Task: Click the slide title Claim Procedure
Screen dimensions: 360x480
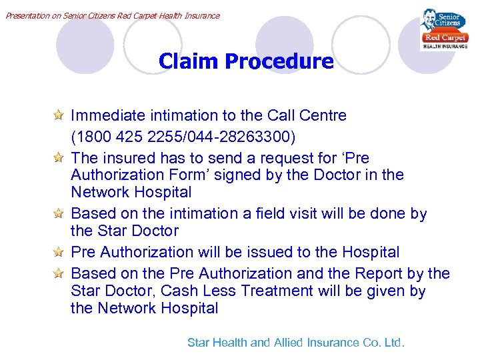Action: pyautogui.click(x=246, y=62)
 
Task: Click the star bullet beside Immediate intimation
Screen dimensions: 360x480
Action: pyautogui.click(x=59, y=115)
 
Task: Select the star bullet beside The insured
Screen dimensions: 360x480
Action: pyautogui.click(x=59, y=158)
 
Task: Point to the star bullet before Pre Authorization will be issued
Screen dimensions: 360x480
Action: pyautogui.click(x=59, y=252)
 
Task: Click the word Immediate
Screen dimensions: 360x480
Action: pyautogui.click(x=103, y=115)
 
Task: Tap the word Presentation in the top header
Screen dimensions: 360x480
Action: pyautogui.click(x=26, y=15)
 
